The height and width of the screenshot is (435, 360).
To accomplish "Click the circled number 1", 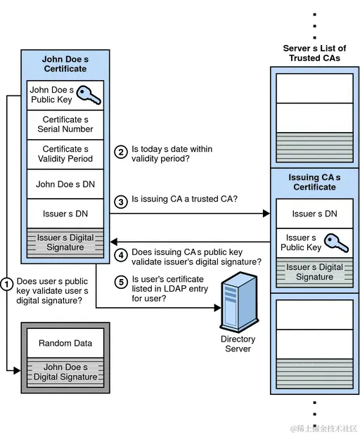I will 7,285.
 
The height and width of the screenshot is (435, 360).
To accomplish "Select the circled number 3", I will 120,200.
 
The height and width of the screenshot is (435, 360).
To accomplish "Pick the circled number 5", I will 120,281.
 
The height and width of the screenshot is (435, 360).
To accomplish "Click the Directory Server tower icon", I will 237,304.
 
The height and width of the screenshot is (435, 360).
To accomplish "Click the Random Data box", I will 65,343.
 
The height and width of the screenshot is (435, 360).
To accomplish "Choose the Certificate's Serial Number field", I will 65,124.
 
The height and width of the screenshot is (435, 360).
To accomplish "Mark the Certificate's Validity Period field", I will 65,154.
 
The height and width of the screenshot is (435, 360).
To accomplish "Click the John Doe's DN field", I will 65,184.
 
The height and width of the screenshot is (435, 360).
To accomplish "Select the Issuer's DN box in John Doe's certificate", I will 65,214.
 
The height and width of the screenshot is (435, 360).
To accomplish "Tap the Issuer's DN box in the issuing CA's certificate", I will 314,213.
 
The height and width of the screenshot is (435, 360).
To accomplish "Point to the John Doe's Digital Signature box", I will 65,372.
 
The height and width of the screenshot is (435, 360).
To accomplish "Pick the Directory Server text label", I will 238,344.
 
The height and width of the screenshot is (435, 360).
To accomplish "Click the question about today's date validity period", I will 172,154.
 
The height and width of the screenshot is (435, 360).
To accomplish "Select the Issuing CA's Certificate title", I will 314,182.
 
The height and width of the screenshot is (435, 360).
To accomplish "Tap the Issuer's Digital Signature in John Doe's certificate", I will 65,242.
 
